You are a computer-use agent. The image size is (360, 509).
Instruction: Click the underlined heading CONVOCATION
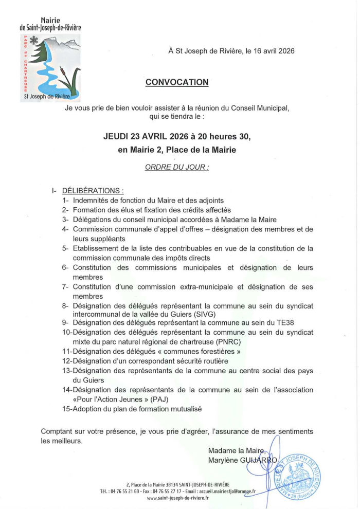coord(177,82)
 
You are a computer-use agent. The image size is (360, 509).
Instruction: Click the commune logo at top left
coord(50,67)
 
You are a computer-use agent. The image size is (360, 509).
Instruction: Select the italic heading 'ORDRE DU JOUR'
coord(177,168)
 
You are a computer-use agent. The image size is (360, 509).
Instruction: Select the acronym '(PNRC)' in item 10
coord(225,341)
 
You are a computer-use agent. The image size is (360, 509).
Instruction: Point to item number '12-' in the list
coord(67,361)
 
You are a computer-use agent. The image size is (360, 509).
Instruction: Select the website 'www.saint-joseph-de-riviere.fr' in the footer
coord(178,498)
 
